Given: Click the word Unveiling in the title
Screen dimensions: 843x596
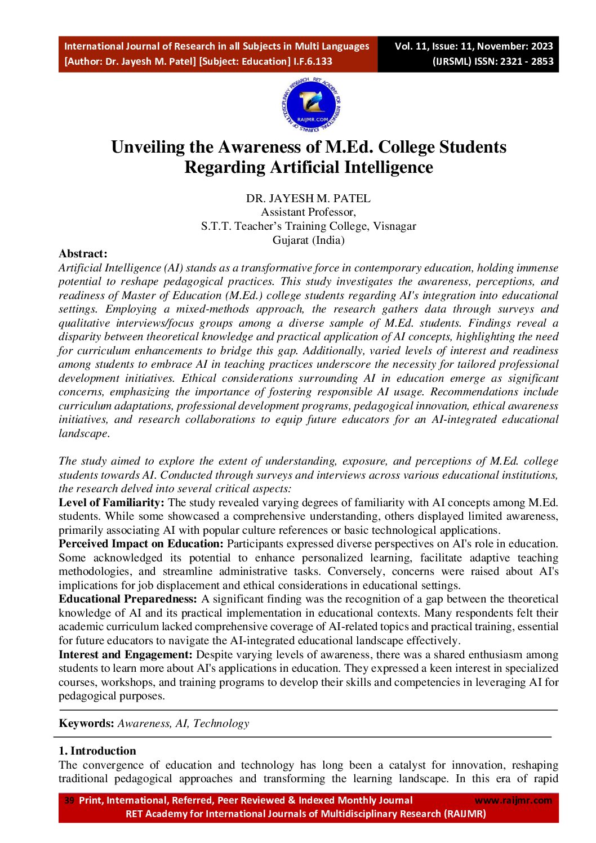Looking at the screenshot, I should click(148, 147).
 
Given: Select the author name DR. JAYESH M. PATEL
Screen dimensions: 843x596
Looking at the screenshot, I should click(308, 198).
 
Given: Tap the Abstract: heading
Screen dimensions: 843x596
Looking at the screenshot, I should click(83, 254).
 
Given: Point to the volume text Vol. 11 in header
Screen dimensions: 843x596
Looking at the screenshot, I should click(413, 46).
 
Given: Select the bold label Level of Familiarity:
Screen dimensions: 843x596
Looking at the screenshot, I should click(112, 502).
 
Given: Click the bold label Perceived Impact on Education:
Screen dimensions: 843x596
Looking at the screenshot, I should click(141, 544).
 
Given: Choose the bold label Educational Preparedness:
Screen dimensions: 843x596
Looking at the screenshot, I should click(128, 599).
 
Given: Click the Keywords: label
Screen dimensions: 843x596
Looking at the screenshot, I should click(87, 724).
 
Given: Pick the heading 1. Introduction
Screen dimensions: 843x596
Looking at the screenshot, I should click(97, 751).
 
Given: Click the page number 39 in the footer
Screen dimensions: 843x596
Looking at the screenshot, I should click(69, 800).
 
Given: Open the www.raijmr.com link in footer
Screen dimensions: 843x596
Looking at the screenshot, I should click(513, 800).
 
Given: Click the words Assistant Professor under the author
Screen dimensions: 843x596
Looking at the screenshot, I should click(308, 212).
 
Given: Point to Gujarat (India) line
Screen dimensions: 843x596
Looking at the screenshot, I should click(308, 240).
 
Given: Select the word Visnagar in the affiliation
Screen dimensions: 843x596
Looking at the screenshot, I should click(394, 226).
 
